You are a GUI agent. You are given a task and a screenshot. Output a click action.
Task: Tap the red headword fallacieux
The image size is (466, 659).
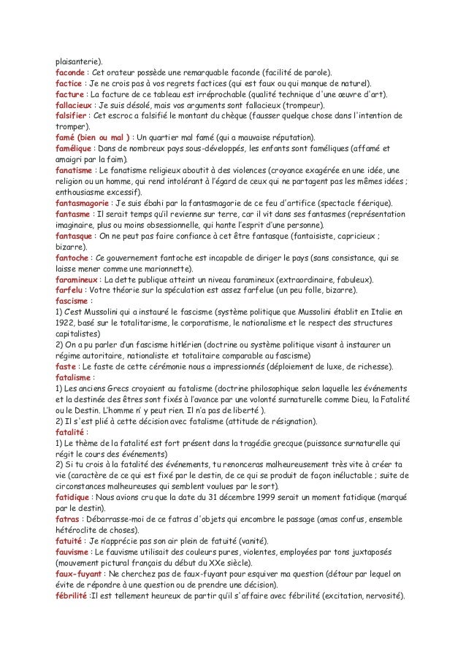click(x=75, y=105)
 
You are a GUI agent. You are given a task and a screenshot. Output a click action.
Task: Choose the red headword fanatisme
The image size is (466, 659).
click(x=74, y=169)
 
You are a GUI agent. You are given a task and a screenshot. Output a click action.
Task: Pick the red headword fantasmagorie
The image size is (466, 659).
click(x=83, y=201)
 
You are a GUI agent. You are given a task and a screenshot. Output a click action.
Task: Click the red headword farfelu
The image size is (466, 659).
click(x=69, y=290)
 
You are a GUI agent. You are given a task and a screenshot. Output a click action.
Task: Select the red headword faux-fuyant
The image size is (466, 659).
click(x=79, y=573)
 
